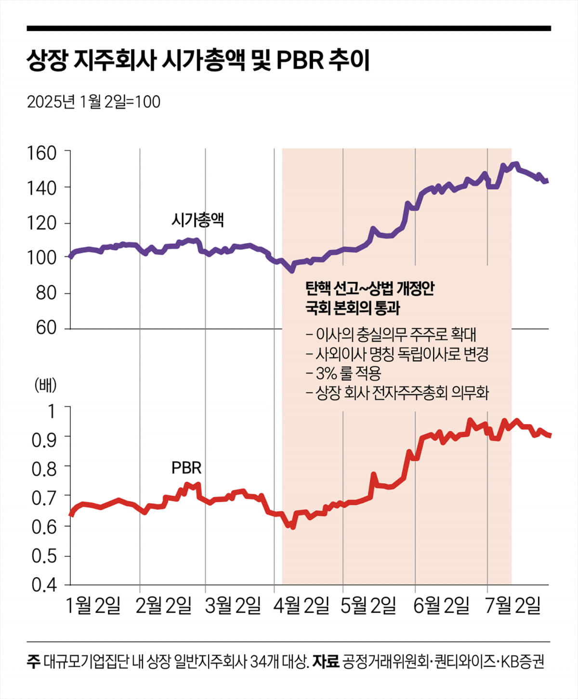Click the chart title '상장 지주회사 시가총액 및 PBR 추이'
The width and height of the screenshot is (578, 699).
click(x=198, y=61)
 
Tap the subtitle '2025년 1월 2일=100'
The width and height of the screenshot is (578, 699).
click(x=93, y=102)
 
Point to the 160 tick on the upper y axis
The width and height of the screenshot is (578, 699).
click(x=42, y=153)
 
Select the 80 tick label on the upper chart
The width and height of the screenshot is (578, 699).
click(x=46, y=293)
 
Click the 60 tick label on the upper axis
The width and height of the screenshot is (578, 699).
click(x=46, y=328)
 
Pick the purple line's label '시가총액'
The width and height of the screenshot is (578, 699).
click(x=197, y=220)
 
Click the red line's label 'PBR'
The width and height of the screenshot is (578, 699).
click(x=186, y=468)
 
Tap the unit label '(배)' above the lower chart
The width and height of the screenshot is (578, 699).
click(x=45, y=385)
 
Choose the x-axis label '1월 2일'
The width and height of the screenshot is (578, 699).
click(x=92, y=606)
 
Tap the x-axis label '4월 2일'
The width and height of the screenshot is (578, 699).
click(x=301, y=606)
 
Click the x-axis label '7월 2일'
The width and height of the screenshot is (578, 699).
click(x=512, y=606)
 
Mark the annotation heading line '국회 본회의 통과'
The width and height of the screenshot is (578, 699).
click(x=353, y=308)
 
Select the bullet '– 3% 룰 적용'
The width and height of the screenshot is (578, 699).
click(x=343, y=373)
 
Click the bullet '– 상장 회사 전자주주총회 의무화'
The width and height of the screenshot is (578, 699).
click(x=397, y=393)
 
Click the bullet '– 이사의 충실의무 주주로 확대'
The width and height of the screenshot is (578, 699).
click(x=391, y=334)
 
